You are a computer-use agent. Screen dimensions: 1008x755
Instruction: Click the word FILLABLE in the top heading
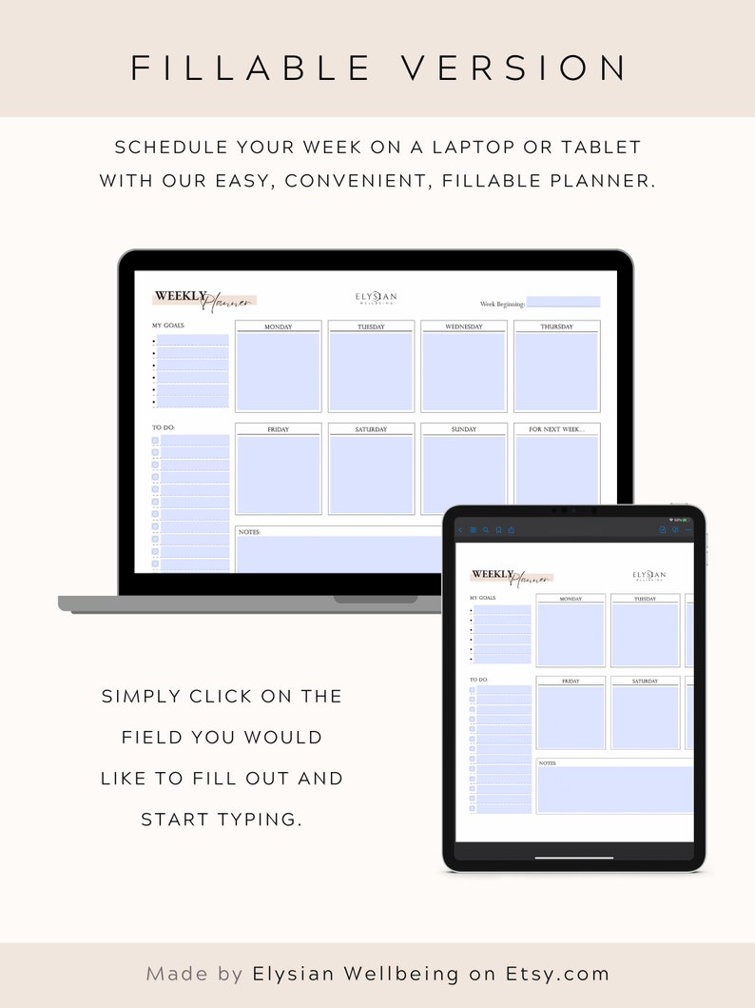pyautogui.click(x=251, y=69)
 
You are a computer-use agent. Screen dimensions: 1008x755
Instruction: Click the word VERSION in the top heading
pyautogui.click(x=513, y=69)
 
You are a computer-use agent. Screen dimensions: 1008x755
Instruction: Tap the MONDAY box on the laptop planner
pyautogui.click(x=279, y=370)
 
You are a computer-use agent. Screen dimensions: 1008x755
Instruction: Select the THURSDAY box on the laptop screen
pyautogui.click(x=557, y=370)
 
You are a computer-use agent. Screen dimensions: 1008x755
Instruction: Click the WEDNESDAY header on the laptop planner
pyautogui.click(x=464, y=326)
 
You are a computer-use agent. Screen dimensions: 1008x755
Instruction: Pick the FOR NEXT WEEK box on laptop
pyautogui.click(x=557, y=473)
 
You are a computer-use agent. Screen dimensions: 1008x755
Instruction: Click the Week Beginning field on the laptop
pyautogui.click(x=563, y=303)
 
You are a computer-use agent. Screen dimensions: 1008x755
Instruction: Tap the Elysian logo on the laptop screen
pyautogui.click(x=377, y=297)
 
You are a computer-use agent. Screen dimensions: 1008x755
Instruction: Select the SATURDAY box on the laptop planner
pyautogui.click(x=372, y=473)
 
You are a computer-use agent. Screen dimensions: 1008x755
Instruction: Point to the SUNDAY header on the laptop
pyautogui.click(x=464, y=429)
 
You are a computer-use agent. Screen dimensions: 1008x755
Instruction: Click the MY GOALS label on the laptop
pyautogui.click(x=168, y=326)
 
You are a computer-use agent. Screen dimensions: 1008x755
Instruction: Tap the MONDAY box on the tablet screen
pyautogui.click(x=571, y=633)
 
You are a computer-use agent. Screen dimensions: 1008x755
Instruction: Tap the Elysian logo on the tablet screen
pyautogui.click(x=649, y=575)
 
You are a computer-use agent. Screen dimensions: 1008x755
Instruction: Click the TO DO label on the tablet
pyautogui.click(x=478, y=680)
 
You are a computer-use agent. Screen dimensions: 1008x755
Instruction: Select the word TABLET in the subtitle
pyautogui.click(x=600, y=148)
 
